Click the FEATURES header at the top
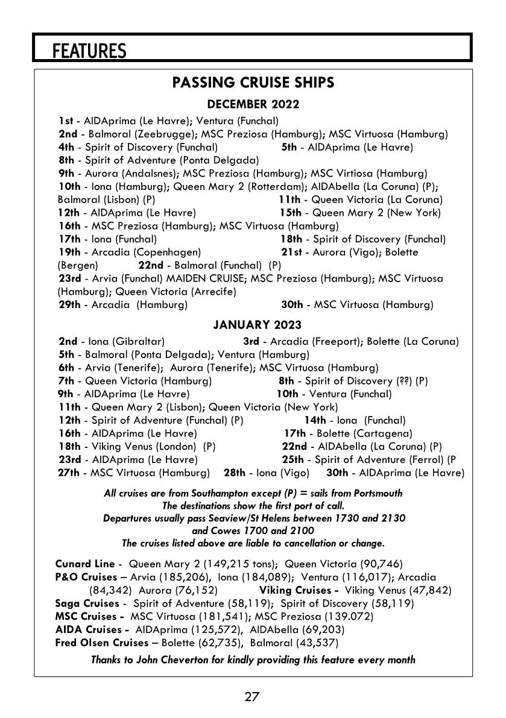point(89,51)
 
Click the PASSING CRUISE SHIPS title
point(253,83)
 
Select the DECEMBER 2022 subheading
point(253,104)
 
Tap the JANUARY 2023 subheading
point(253,326)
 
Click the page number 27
point(252,697)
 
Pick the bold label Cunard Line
point(84,564)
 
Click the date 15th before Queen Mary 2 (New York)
point(290,213)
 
